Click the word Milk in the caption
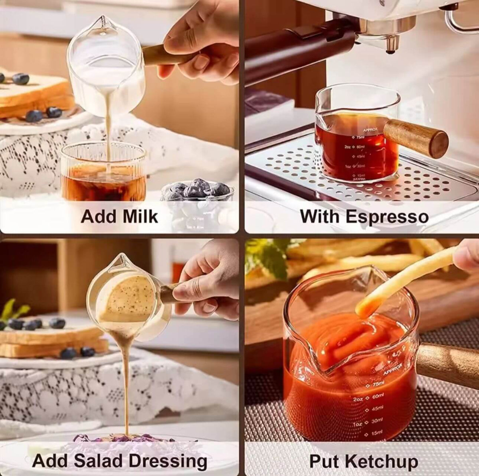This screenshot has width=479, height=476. click(140, 216)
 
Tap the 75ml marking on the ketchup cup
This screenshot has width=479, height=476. click(377, 384)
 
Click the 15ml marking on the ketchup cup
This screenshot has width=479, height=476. click(376, 432)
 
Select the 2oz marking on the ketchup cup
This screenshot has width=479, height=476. click(358, 399)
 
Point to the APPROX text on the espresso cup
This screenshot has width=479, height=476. click(370, 130)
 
